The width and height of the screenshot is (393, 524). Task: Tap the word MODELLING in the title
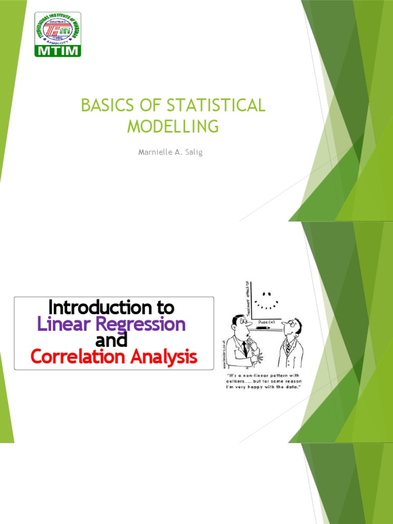click(173, 126)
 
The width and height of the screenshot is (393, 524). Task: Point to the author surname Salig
click(191, 153)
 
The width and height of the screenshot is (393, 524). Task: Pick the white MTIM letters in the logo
click(57, 50)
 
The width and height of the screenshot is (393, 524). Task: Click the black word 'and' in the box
click(111, 340)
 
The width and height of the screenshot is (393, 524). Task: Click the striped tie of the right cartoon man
click(288, 347)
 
